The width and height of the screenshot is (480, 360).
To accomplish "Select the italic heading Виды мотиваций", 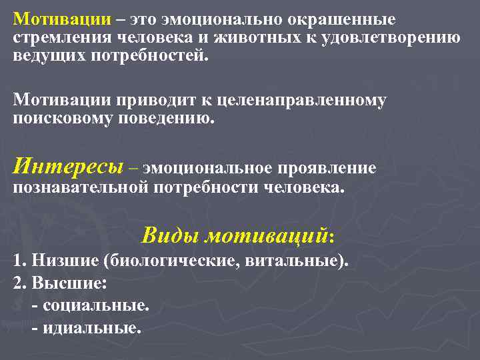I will point(237,236).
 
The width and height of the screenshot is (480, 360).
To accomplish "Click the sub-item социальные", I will point(94,305).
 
